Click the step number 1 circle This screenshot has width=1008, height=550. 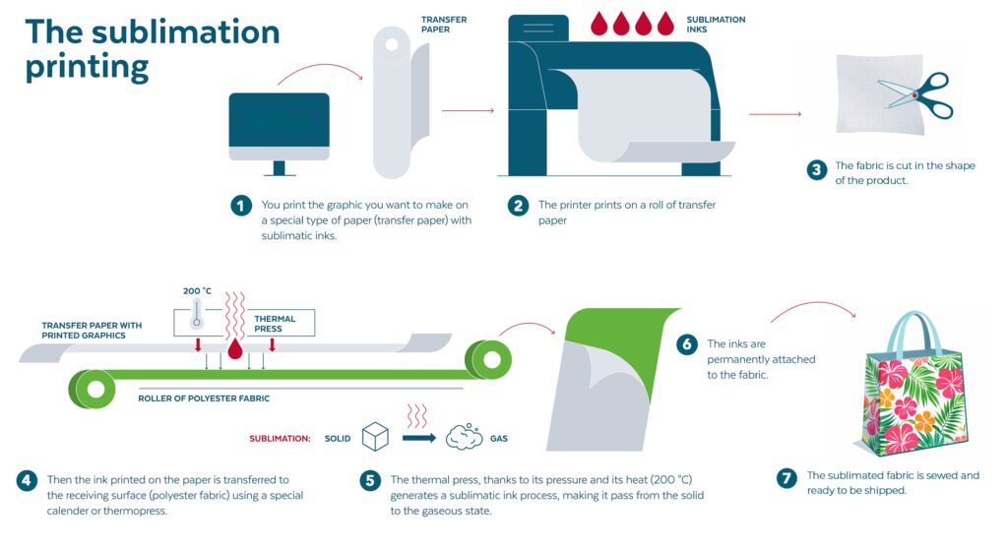(241, 206)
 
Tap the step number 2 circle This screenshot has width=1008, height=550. (518, 206)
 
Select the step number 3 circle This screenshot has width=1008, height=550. (816, 170)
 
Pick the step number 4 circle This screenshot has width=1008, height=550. (27, 481)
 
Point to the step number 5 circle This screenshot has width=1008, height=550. (370, 481)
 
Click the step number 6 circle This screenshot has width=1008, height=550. (687, 344)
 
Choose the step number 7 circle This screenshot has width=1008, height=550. (786, 479)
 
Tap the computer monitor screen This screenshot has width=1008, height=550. (279, 119)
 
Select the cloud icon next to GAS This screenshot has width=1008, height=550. (464, 437)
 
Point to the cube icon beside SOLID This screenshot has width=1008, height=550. (376, 437)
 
